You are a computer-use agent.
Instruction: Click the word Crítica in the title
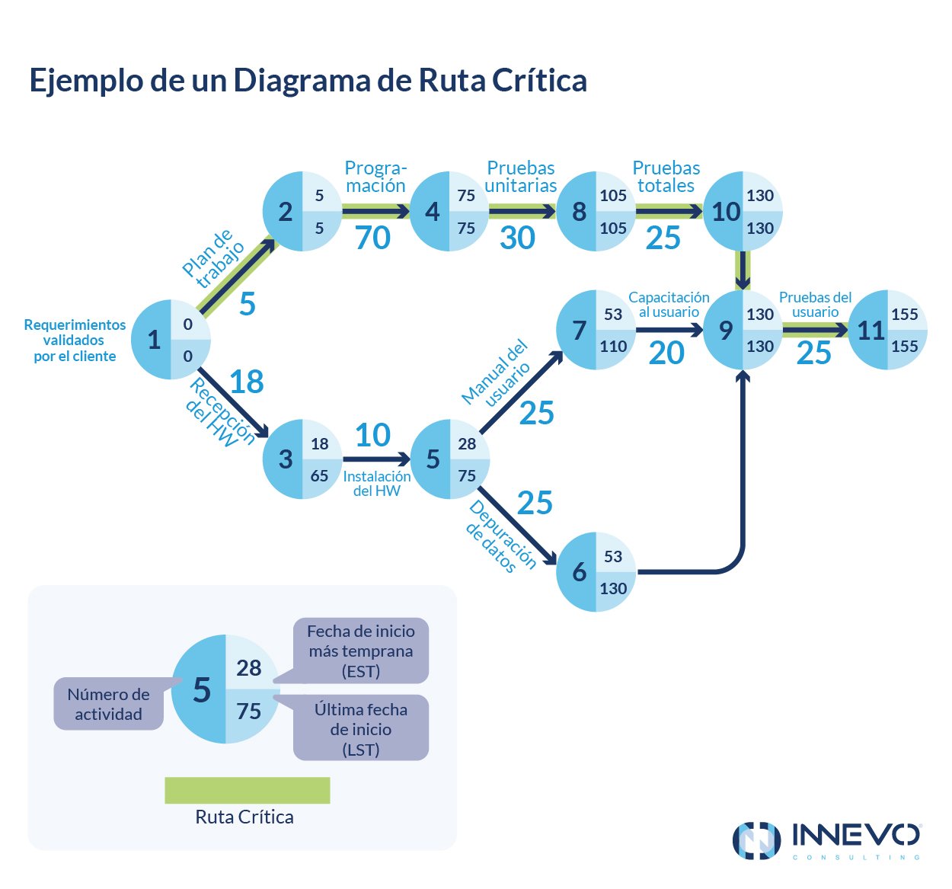point(539,80)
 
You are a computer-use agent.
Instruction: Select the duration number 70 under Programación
point(372,238)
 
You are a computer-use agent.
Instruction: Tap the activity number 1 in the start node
point(154,340)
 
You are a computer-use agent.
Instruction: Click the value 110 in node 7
point(613,347)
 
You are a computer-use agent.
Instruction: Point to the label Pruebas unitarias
point(521,177)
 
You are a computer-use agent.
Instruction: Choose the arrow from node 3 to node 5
point(376,459)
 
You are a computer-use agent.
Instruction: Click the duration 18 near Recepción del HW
point(246,382)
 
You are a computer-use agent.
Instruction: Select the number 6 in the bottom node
point(580,572)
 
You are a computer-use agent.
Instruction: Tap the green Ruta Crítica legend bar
point(247,790)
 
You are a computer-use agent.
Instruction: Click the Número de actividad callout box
point(108,704)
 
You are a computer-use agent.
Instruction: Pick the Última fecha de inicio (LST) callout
point(361,729)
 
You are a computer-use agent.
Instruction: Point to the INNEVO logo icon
point(756,841)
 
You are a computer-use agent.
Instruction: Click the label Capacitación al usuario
point(669,305)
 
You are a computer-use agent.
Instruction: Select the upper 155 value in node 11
point(904,315)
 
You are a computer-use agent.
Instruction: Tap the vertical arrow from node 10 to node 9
point(743,270)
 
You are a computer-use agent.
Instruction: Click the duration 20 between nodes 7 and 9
point(666,353)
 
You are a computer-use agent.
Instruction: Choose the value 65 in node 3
point(319,476)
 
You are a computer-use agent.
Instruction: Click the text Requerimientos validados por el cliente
point(75,341)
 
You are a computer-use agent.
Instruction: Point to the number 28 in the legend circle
point(248,668)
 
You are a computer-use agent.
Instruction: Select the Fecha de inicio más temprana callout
point(361,651)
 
